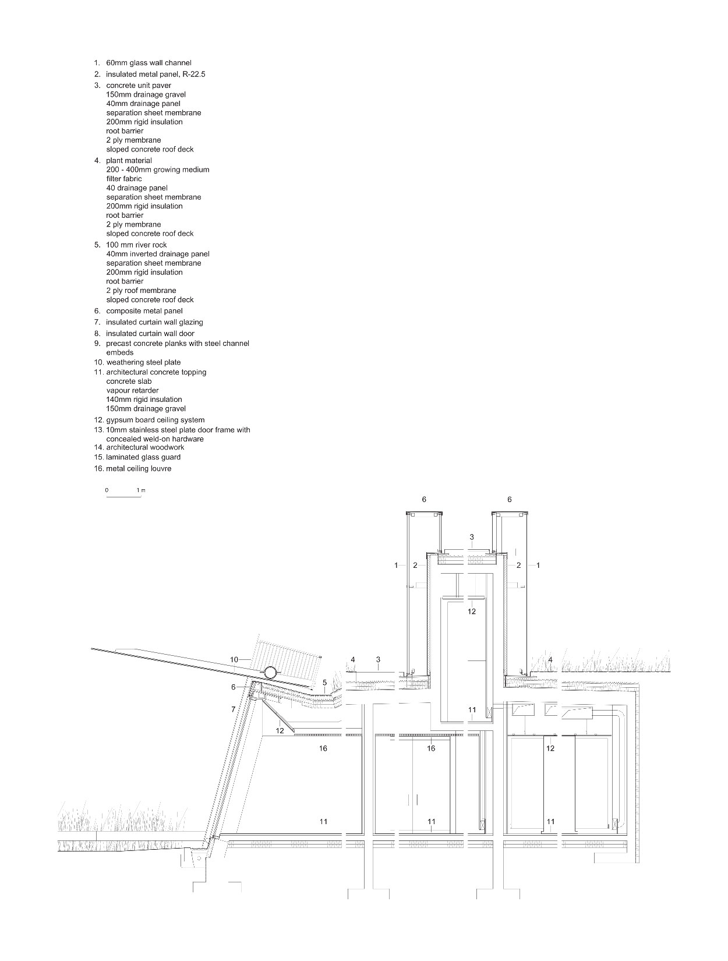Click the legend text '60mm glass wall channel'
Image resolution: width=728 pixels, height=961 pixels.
pos(149,63)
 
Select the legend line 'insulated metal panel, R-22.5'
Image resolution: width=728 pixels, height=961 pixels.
pos(156,75)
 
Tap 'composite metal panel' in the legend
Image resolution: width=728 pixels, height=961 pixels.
pos(144,311)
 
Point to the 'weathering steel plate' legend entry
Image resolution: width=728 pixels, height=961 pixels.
pos(143,362)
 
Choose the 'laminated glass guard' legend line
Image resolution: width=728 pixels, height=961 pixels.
pos(143,457)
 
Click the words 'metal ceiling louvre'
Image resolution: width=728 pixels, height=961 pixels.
pos(139,468)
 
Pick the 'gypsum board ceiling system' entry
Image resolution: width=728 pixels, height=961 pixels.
pos(155,420)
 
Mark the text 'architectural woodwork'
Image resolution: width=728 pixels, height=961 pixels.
pos(145,447)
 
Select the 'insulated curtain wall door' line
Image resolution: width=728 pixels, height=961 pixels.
pos(150,334)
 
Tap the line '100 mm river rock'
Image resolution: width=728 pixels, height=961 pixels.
pos(136,245)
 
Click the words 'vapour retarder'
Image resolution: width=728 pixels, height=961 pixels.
pos(132,391)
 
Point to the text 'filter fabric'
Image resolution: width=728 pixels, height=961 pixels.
pos(124,179)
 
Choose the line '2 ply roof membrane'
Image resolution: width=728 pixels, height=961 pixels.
pos(141,291)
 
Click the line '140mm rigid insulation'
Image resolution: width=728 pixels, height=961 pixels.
pos(144,400)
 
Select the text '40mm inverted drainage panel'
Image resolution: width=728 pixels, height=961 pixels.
pos(158,254)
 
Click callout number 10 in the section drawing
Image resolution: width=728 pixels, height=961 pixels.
pos(234,660)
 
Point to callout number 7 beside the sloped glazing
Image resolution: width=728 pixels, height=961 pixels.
pos(234,709)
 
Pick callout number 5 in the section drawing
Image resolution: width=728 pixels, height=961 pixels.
pos(324,683)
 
